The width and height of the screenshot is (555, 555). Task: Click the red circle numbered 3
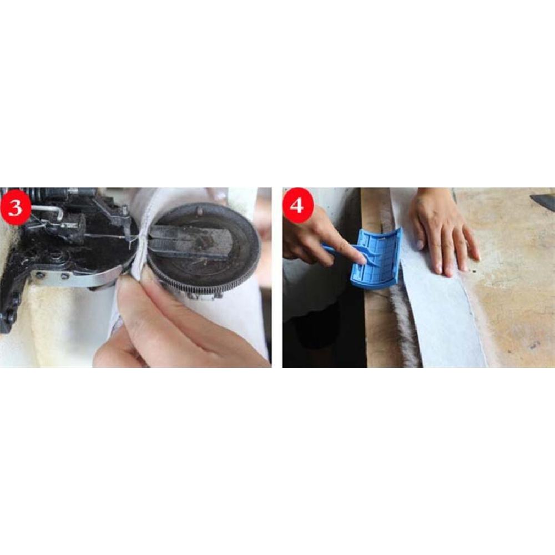click(16, 207)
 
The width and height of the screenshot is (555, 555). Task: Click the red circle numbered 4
click(297, 206)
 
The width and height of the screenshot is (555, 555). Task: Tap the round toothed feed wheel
click(204, 250)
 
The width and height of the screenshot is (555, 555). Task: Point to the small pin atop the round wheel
click(200, 210)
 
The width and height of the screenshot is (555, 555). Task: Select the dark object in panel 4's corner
click(543, 198)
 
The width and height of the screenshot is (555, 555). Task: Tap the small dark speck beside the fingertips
click(473, 272)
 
